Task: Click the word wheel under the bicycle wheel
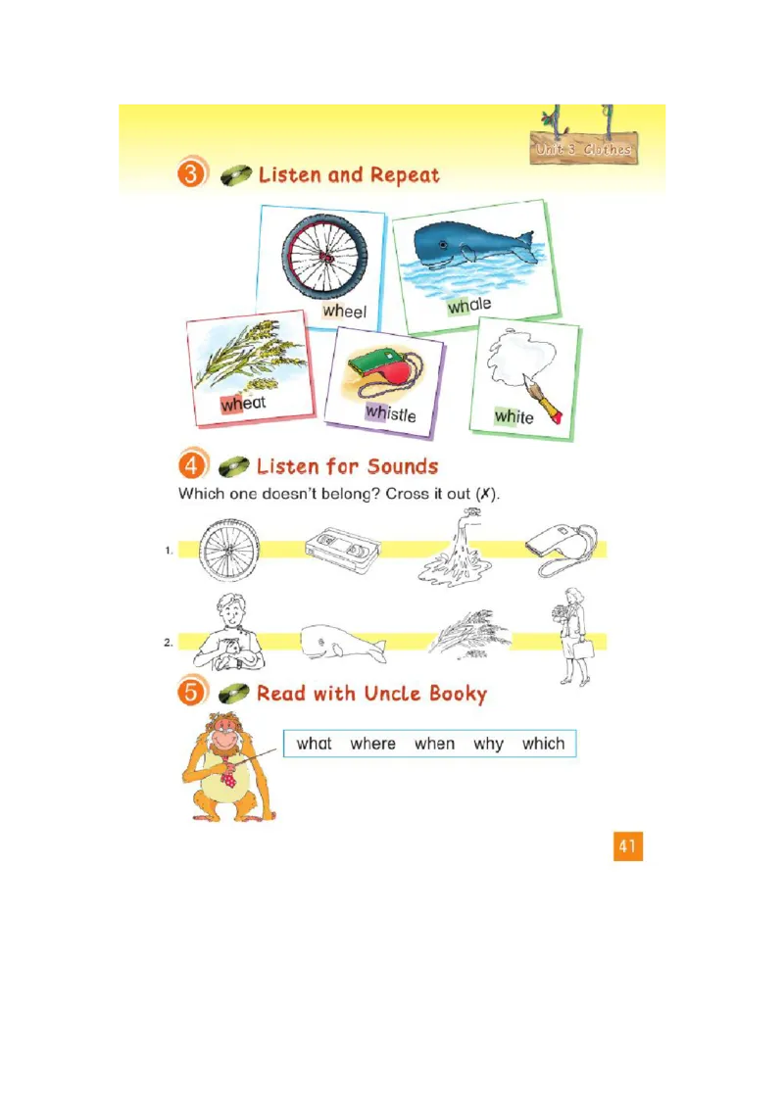click(344, 312)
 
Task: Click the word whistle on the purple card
click(390, 413)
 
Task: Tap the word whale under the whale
click(469, 305)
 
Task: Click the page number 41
click(628, 845)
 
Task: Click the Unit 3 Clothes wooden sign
click(584, 149)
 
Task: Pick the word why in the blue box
click(488, 744)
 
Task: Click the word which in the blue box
click(543, 744)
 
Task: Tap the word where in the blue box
click(372, 744)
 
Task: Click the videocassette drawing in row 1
click(340, 549)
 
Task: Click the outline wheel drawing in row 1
click(229, 551)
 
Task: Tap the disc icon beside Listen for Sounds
click(233, 466)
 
